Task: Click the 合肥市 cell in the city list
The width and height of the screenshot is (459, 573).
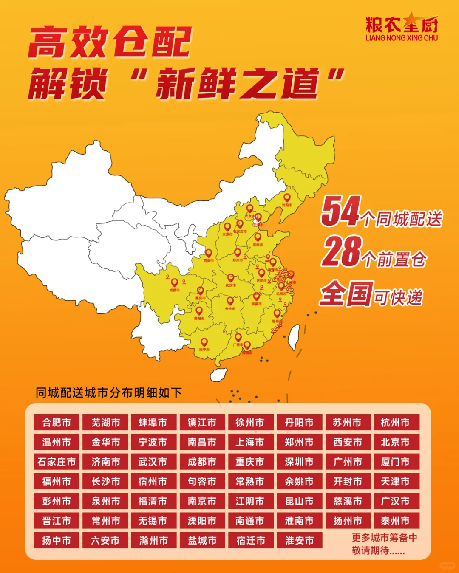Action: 57,423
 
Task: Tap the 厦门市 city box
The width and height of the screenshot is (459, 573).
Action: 395,462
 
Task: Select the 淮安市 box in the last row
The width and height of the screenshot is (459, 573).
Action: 299,540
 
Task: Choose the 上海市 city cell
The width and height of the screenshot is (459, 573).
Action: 250,442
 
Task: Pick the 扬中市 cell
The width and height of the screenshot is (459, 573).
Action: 57,540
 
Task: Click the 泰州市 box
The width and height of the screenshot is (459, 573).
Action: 395,521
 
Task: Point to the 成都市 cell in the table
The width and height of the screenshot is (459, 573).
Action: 202,462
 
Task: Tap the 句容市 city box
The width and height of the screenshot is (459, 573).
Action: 202,481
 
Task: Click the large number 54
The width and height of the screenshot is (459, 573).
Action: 341,211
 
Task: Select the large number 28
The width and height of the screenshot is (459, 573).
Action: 342,251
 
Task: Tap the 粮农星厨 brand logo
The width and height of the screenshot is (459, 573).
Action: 402,28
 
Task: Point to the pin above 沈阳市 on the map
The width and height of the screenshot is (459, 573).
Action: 287,198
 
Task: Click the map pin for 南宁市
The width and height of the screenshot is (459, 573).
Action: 204,342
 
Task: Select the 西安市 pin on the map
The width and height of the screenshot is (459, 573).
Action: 208,254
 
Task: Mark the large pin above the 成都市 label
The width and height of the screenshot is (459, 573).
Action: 174,283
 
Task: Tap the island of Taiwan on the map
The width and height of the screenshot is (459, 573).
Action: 294,338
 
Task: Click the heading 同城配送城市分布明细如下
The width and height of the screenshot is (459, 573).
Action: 109,392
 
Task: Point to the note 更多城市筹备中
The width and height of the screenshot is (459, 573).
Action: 384,538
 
